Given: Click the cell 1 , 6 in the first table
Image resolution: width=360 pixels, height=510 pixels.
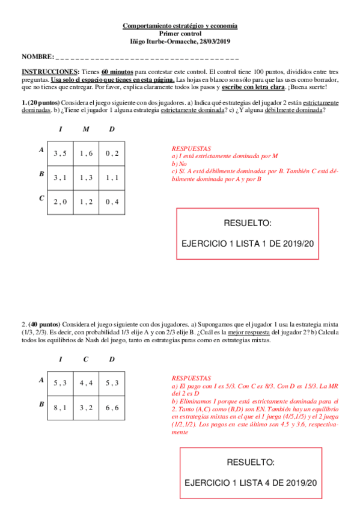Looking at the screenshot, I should [86, 153].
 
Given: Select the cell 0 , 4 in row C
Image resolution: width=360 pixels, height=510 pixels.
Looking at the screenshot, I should [112, 201].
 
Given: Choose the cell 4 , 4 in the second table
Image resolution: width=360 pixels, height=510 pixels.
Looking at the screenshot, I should [86, 382].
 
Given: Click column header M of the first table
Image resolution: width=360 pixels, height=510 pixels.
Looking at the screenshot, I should [86, 130].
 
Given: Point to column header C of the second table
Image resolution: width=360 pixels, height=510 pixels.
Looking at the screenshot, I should [86, 359].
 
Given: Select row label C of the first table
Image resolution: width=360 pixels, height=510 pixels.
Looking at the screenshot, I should [41, 198].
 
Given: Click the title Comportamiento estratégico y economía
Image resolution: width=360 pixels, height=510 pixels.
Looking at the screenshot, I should [180, 26].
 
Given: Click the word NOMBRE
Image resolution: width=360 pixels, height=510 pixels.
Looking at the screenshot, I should [37, 57].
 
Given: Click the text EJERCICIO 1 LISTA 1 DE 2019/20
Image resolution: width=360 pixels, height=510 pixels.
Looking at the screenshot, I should [248, 244].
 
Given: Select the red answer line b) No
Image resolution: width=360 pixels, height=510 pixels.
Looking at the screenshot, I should [179, 164].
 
